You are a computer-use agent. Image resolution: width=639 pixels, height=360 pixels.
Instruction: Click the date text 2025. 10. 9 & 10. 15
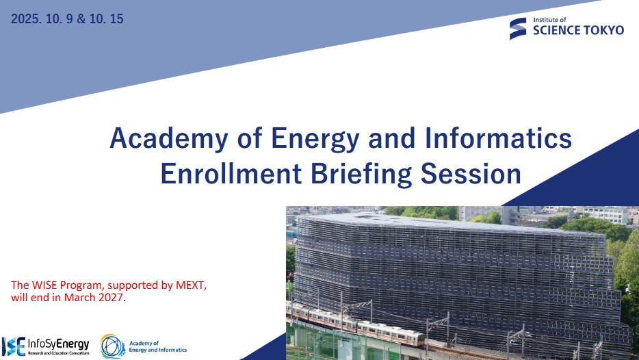pyautogui.click(x=67, y=18)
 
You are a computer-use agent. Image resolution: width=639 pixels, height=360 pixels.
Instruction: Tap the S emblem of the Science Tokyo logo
pyautogui.click(x=518, y=29)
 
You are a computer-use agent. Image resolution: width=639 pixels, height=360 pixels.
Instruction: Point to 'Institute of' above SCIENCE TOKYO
pyautogui.click(x=550, y=20)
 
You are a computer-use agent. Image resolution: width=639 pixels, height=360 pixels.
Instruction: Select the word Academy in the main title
pyautogui.click(x=169, y=139)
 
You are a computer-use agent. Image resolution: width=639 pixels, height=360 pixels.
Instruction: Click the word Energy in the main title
pyautogui.click(x=315, y=139)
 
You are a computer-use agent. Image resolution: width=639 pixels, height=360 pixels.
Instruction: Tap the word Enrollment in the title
pyautogui.click(x=231, y=173)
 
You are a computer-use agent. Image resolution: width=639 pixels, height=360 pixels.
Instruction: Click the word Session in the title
pyautogui.click(x=471, y=173)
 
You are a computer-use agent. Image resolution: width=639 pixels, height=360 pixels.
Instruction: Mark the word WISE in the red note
pyautogui.click(x=44, y=285)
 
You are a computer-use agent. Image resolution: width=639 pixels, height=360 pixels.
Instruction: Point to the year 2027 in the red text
pyautogui.click(x=110, y=297)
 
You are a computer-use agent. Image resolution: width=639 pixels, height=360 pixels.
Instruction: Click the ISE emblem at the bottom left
pyautogui.click(x=14, y=346)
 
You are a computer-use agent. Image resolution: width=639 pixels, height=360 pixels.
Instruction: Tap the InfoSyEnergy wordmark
pyautogui.click(x=58, y=345)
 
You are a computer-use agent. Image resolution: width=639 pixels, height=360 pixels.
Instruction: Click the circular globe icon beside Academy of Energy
pyautogui.click(x=113, y=346)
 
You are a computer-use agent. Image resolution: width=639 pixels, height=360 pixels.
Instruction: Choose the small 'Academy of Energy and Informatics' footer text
pyautogui.click(x=158, y=346)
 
